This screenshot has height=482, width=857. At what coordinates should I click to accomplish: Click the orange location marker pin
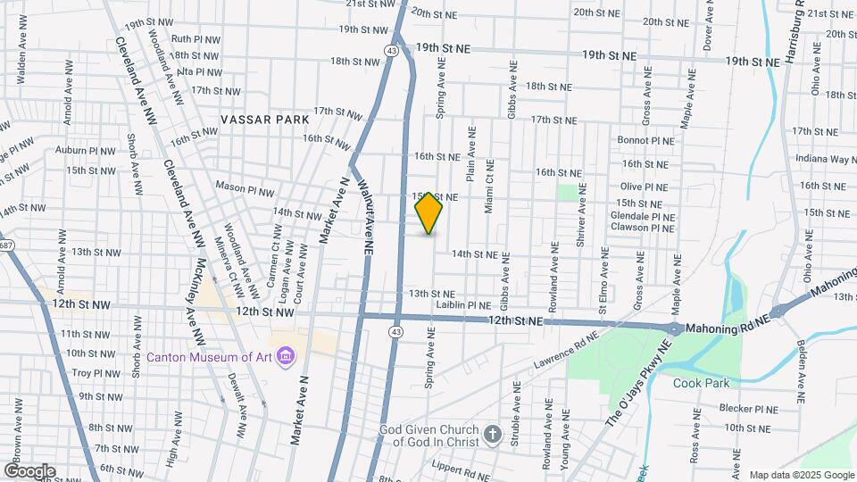429,214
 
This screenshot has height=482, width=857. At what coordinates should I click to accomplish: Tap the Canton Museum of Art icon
286,357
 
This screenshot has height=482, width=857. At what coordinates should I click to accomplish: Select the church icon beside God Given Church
492,436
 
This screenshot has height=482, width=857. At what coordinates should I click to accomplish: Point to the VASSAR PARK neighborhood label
267,119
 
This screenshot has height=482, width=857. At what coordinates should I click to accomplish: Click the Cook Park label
702,383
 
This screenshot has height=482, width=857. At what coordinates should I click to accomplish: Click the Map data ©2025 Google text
801,475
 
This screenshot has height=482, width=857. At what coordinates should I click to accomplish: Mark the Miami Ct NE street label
488,187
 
